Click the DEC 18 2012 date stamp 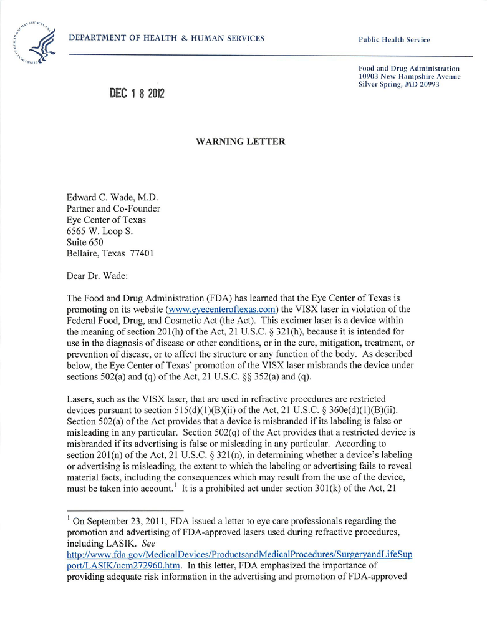click(x=137, y=94)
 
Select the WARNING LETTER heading click(x=241, y=142)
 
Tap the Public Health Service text click(x=394, y=40)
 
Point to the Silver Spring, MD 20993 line click(x=399, y=84)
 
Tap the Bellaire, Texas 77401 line click(x=110, y=253)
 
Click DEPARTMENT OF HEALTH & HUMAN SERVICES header click(x=166, y=38)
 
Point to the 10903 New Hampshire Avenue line click(x=409, y=76)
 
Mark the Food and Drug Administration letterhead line click(x=409, y=68)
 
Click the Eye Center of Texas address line click(x=106, y=220)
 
